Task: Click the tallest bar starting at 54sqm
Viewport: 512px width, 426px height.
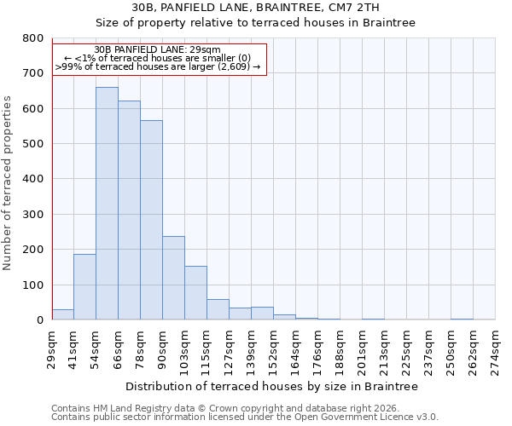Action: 107,204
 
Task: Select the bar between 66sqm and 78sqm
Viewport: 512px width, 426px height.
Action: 129,210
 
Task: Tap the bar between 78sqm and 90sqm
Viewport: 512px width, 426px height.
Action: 151,220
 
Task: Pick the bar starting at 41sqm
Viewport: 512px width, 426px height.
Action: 84,287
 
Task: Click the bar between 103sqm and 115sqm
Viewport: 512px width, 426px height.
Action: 195,293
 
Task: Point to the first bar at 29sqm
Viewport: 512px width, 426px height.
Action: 62,314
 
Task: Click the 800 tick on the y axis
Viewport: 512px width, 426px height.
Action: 32,38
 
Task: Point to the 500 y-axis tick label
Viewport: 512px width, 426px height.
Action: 32,144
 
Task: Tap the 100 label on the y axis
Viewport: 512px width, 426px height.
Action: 32,285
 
